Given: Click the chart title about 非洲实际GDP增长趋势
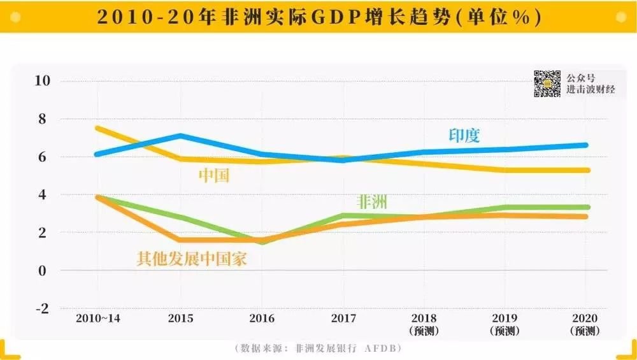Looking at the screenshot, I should tap(318, 17).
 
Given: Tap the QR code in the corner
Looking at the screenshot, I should tap(547, 83).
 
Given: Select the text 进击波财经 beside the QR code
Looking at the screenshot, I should tap(590, 90).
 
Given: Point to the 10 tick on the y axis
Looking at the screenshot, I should tap(42, 81).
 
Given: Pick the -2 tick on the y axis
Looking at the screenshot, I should tap(42, 308).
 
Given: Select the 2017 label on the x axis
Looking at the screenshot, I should tap(344, 317).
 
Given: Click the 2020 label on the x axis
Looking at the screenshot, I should tap(585, 317).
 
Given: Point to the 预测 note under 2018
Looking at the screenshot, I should tap(424, 331).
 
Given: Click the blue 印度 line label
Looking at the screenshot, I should tap(464, 136).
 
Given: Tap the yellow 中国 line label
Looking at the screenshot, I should tap(213, 176).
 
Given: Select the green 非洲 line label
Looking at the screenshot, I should tap(373, 203).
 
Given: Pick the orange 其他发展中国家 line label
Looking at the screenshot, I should tap(191, 259).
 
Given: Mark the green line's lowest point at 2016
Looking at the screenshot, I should tap(262, 241).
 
